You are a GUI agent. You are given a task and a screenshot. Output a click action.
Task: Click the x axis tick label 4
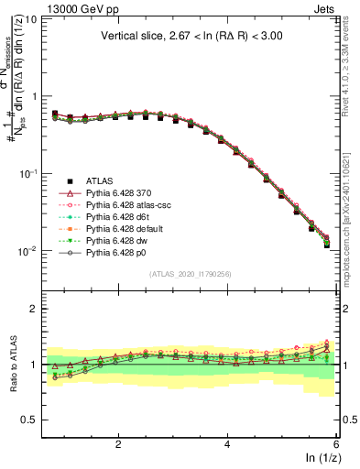(x=227, y=445)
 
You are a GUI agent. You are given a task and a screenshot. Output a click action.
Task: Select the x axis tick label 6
(x=336, y=445)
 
